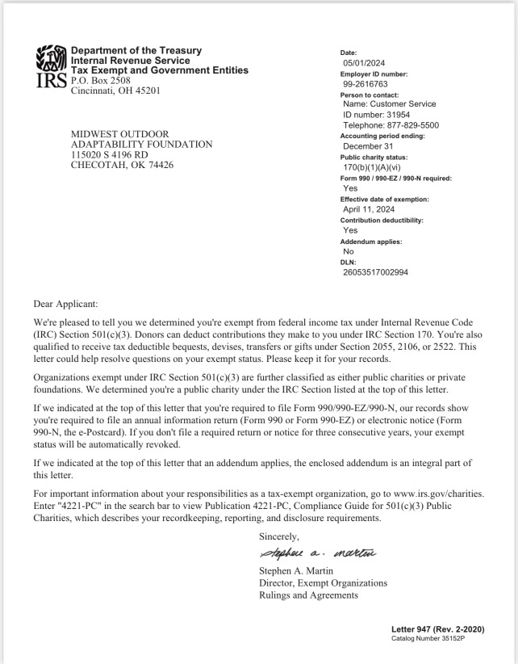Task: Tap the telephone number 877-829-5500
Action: pyautogui.click(x=401, y=125)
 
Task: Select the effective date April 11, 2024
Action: pyautogui.click(x=374, y=209)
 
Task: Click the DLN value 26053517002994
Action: pyautogui.click(x=375, y=272)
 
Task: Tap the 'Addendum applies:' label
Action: pyautogui.click(x=371, y=242)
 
